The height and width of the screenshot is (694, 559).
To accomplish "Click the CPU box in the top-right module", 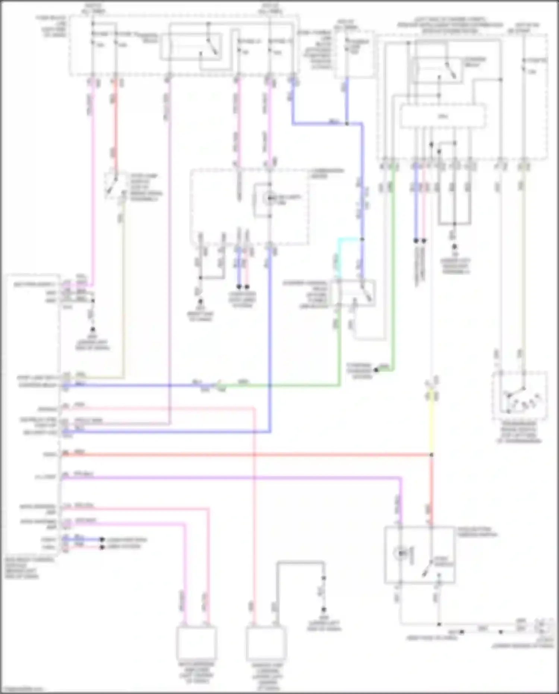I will coord(442,117).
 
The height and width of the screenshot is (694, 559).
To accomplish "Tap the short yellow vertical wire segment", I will coord(431,425).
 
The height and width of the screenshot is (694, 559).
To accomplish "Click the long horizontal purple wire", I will coord(231,477).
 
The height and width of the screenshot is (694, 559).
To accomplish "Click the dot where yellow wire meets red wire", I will coord(432,455).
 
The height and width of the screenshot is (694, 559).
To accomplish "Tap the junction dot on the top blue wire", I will coord(347,123).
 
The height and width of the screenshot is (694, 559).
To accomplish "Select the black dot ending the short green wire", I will coord(376,370).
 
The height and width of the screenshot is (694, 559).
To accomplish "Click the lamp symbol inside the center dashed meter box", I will coord(269,199).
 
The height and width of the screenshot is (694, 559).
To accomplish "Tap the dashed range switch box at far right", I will coord(520,395).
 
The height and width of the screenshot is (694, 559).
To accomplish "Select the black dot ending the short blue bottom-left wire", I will coord(102,540).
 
